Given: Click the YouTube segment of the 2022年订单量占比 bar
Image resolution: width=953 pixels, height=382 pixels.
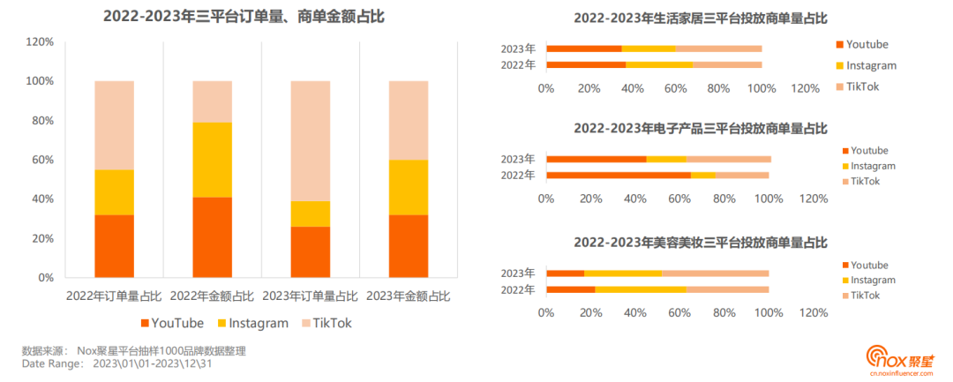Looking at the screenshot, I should [x=114, y=246].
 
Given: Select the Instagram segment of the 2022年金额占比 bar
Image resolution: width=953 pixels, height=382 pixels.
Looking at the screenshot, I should [x=212, y=160].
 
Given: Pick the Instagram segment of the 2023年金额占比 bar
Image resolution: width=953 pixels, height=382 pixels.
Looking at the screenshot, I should [x=409, y=187].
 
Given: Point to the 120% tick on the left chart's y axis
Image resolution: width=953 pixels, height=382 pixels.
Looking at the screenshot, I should [x=41, y=41].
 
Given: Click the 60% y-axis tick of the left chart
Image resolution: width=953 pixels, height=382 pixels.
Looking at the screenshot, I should [x=41, y=160].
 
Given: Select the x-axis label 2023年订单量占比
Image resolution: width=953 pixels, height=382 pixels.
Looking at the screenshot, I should [x=311, y=296].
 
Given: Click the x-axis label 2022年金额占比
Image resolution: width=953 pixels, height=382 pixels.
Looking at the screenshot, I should [x=212, y=296].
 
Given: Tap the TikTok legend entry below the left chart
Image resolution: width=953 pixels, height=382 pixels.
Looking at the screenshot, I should [x=326, y=323].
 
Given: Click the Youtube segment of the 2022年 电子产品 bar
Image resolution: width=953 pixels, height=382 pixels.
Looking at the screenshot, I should [x=618, y=175].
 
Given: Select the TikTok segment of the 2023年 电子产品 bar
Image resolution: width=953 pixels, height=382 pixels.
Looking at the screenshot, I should [x=728, y=159].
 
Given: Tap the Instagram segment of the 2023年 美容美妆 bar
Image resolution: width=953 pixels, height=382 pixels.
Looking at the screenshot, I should [x=622, y=273].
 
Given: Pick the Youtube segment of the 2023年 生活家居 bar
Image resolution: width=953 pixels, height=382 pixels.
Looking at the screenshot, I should [x=583, y=49].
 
